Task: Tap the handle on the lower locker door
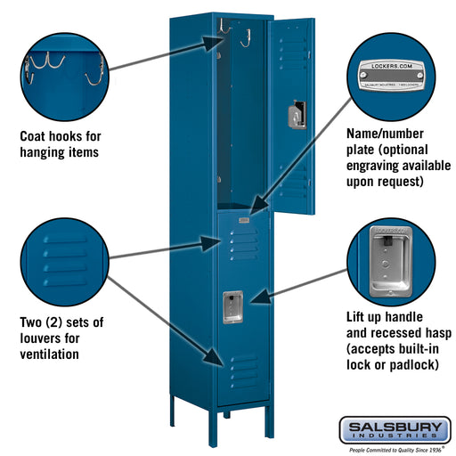coord(232,305)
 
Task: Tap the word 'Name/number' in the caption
coord(384,133)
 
